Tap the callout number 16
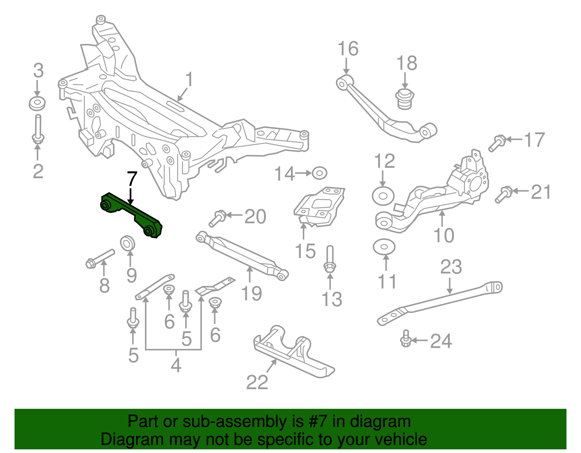(348, 49)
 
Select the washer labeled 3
(37, 104)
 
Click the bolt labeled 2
(38, 129)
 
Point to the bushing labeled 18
(405, 99)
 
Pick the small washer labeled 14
(319, 173)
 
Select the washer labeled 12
(383, 196)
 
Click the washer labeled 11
(384, 247)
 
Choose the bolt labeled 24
(406, 339)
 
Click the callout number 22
(257, 382)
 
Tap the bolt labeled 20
(218, 219)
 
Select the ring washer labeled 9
(127, 243)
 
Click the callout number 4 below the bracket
(176, 365)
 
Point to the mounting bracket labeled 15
(318, 206)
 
